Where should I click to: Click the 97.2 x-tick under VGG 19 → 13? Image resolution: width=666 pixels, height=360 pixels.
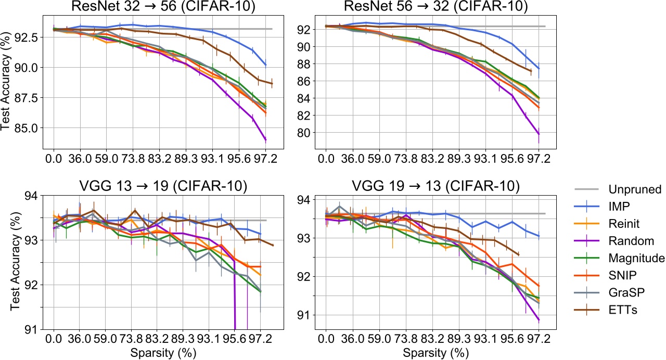[539, 339]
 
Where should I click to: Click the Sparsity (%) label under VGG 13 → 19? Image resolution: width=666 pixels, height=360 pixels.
[161, 352]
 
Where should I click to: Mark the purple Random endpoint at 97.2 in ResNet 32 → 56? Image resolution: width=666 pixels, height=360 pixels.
[265, 139]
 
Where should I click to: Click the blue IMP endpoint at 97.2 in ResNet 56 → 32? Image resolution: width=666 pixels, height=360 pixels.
[539, 69]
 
